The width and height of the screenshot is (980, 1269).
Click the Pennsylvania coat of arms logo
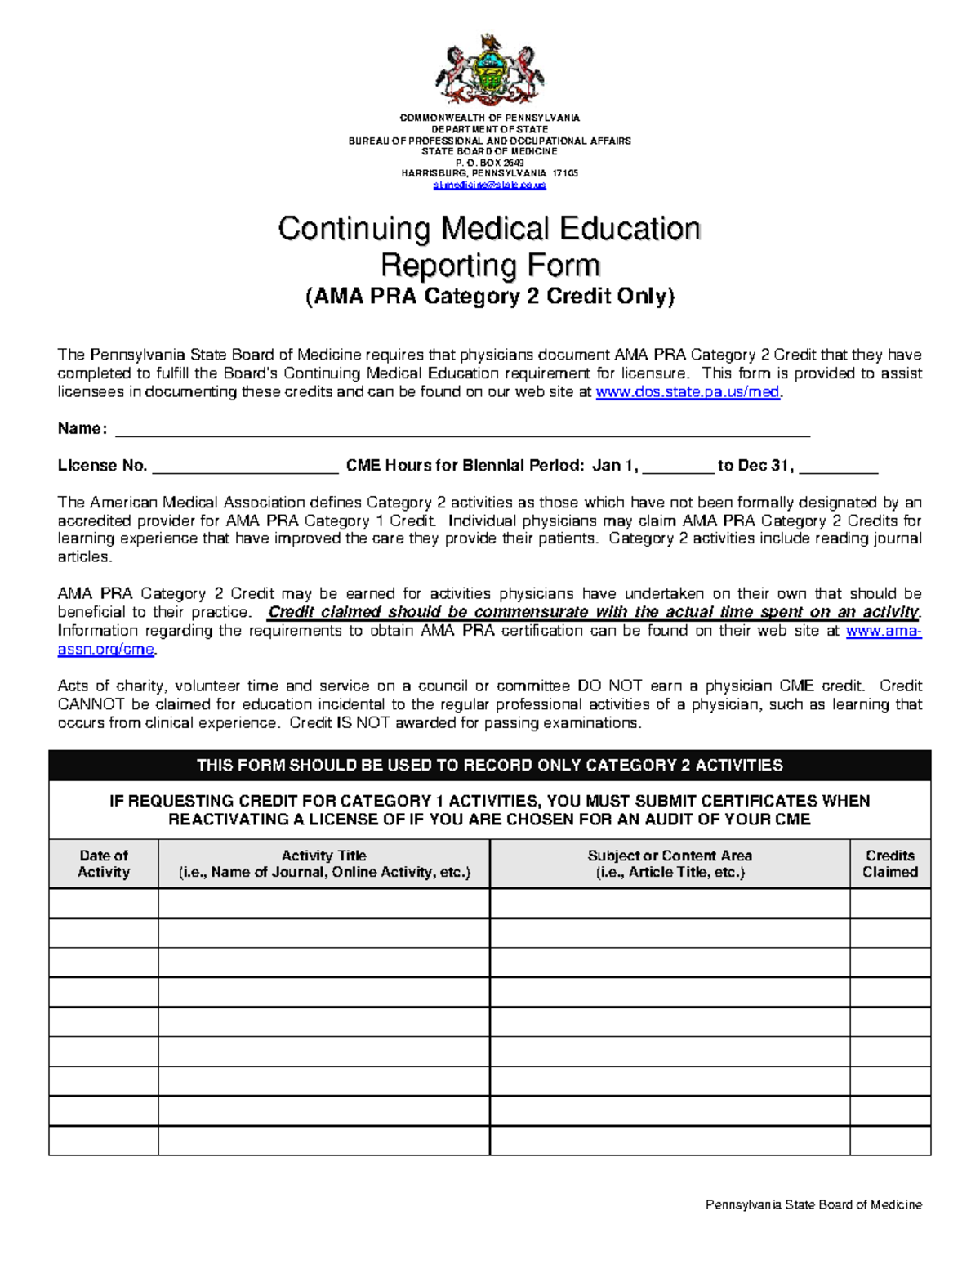489,70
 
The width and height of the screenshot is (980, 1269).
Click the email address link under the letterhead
489,185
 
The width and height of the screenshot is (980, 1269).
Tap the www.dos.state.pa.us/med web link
688,392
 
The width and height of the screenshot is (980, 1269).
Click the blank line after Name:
461,430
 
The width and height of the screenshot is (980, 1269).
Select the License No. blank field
245,467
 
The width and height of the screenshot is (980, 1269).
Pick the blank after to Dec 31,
838,467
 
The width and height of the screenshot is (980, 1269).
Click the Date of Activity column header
104,864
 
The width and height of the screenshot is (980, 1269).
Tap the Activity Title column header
324,864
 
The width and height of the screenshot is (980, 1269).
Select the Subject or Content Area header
670,864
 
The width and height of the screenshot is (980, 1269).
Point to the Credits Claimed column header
890,864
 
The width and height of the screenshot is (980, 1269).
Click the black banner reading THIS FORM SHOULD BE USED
489,766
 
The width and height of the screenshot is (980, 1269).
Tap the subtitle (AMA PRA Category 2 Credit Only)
489,296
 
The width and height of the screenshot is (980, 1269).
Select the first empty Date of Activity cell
104,903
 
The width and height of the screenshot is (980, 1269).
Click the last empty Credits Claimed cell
890,1141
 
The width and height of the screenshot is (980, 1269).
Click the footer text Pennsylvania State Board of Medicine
813,1204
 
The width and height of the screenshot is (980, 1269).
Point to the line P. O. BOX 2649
489,163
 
